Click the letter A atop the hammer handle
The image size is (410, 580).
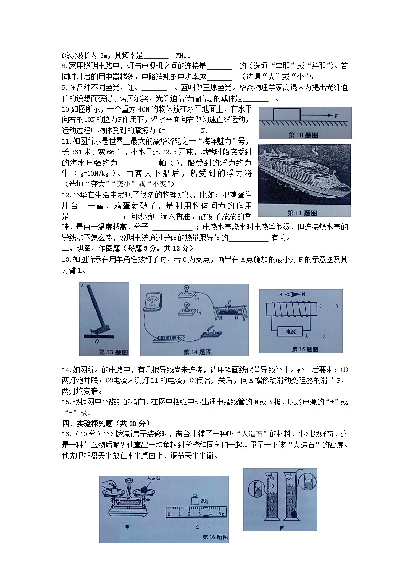tap(82, 285)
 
